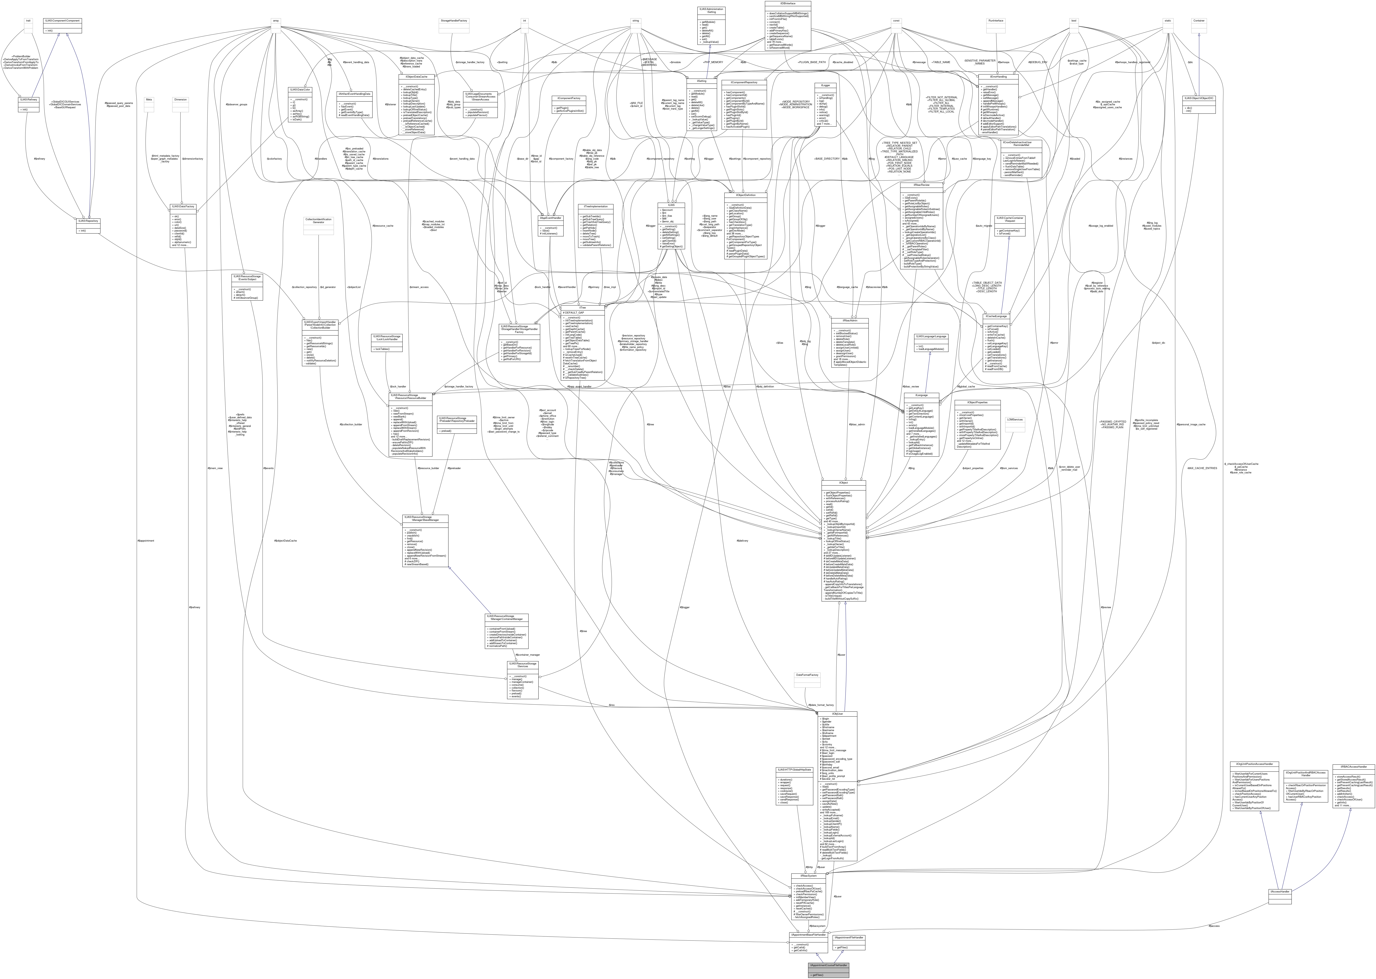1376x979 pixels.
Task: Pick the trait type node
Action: click(x=28, y=21)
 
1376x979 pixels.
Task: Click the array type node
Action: click(x=275, y=21)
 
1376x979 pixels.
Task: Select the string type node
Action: click(x=635, y=21)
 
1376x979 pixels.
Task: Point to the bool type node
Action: click(x=1073, y=21)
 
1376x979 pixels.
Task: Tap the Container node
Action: click(x=1199, y=21)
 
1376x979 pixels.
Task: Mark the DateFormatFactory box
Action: click(x=807, y=675)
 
